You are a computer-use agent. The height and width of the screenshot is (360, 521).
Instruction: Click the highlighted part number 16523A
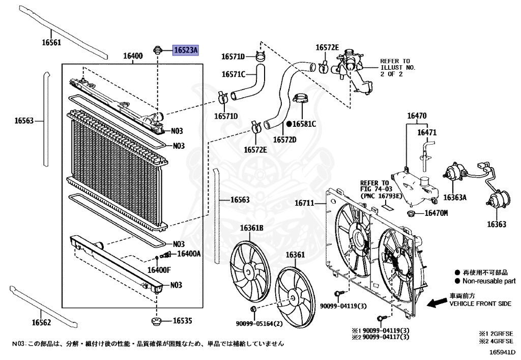tap(187, 50)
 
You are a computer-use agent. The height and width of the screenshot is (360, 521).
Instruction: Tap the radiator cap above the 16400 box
tap(158, 49)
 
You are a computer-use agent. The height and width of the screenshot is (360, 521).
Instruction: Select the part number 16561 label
tap(51, 43)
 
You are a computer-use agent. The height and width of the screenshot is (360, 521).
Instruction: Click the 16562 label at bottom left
tap(41, 322)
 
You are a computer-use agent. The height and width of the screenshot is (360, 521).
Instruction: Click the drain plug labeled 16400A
tap(164, 254)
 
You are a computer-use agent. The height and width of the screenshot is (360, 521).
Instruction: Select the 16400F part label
tap(159, 269)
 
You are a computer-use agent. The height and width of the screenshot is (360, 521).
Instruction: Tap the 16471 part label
tap(427, 132)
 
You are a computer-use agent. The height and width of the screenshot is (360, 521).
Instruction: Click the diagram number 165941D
tap(503, 352)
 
